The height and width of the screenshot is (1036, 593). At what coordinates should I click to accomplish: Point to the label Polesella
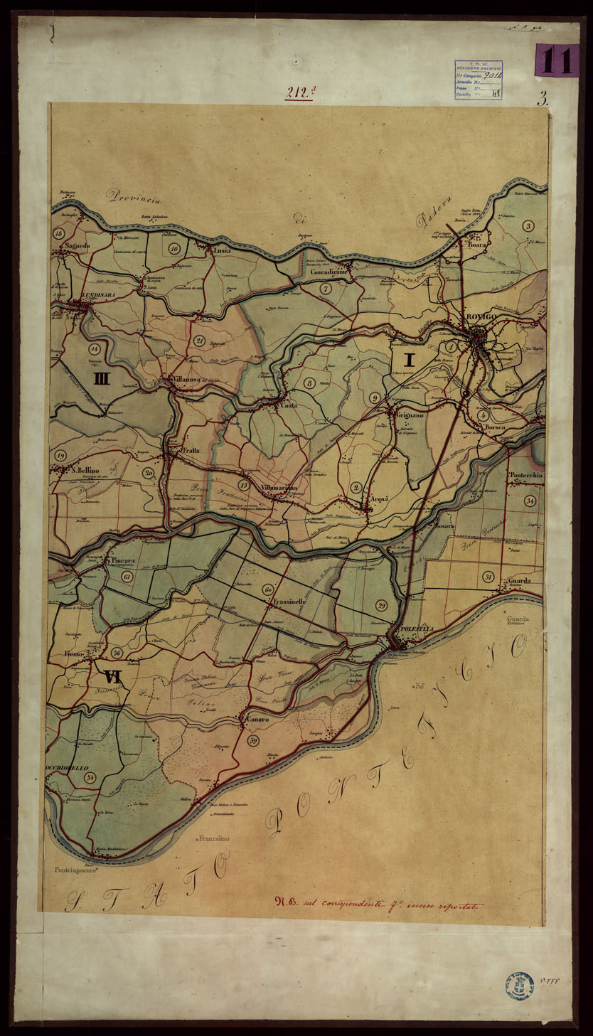point(416,629)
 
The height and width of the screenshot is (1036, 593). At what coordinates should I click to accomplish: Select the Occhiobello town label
point(68,768)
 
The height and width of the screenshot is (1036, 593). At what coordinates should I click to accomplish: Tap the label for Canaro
point(257,720)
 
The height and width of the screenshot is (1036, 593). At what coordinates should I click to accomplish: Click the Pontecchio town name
point(525,475)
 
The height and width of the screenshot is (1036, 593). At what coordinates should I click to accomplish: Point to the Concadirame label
point(327,272)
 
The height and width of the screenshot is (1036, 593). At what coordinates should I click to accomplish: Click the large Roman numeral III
point(102,379)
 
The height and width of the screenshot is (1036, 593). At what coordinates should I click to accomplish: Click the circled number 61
point(127,577)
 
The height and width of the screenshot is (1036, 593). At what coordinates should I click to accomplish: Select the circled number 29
point(381,605)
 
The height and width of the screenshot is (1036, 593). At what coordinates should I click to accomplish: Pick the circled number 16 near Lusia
point(173,247)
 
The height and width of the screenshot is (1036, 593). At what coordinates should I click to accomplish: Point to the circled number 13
point(244,485)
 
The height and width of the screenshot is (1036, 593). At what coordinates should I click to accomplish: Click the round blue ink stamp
point(519,986)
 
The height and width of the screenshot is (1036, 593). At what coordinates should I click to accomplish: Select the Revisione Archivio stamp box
point(478,80)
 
